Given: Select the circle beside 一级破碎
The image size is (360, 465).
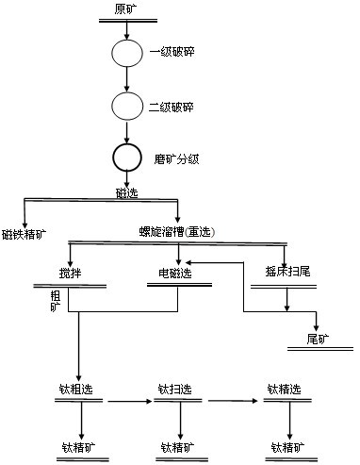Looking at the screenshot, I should coord(126,52).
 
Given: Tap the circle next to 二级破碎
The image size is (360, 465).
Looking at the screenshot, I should coord(126,105).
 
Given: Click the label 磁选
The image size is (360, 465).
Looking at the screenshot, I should coord(126,192).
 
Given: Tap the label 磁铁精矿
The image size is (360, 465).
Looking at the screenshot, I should coord(25,233).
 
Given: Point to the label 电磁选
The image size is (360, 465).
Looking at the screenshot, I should coord(175,274).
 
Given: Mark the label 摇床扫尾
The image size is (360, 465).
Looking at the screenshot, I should coord(280,273).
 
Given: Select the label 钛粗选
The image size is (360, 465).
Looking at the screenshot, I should coord(79,390).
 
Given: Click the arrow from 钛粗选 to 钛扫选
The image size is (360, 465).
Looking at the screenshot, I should coord(129,401).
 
